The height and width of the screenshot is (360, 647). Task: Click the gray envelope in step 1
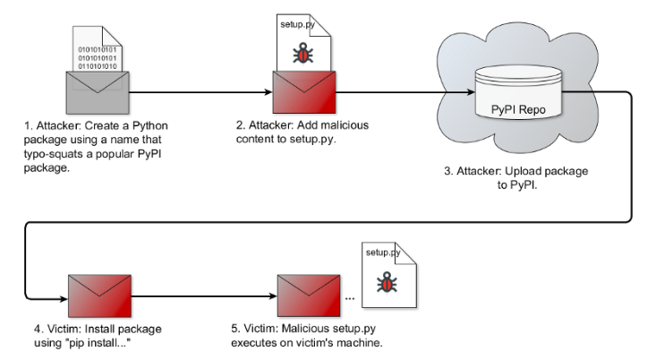[98, 92]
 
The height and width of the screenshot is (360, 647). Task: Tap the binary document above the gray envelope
[98, 48]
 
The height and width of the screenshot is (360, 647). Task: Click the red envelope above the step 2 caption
[304, 92]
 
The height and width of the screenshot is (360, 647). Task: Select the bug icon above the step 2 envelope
[302, 53]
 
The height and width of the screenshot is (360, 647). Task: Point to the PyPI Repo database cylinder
[518, 92]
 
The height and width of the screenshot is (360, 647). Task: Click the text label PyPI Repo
[518, 110]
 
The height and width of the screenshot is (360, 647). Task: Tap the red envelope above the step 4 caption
[99, 296]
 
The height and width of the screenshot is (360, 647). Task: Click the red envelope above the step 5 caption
[309, 296]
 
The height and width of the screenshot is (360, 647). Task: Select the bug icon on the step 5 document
[387, 282]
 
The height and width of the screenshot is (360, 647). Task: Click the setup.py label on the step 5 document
[383, 253]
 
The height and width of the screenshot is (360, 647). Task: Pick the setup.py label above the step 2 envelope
[297, 24]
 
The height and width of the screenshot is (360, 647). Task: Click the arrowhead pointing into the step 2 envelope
[268, 92]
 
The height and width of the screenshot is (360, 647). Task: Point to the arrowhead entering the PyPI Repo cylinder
[471, 92]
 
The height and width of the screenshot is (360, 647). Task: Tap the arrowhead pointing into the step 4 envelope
[64, 298]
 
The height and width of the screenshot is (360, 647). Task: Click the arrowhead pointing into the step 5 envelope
[273, 296]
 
